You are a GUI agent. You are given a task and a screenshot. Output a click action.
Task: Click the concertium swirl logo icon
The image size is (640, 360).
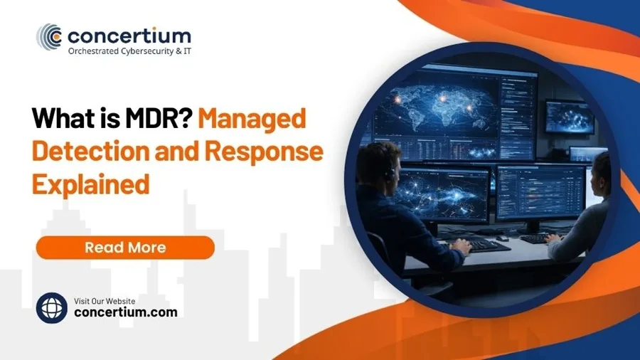pos(50,36)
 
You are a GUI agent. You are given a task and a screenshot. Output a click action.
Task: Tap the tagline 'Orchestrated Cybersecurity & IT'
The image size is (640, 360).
pos(129,52)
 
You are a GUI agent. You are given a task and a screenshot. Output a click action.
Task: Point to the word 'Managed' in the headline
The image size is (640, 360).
pos(252,118)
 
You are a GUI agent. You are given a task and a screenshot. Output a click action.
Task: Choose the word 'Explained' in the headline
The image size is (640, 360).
pos(92,184)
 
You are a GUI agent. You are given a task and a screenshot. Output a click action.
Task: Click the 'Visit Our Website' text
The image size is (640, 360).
pos(105,300)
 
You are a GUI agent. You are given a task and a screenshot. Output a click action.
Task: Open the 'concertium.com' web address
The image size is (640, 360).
pos(126,312)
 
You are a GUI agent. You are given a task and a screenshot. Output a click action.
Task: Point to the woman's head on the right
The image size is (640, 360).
pos(601,171)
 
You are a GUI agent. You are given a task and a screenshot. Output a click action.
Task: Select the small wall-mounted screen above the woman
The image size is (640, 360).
pos(569,116)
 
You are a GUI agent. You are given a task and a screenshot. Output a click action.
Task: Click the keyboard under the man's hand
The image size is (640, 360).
pos(484,245)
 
